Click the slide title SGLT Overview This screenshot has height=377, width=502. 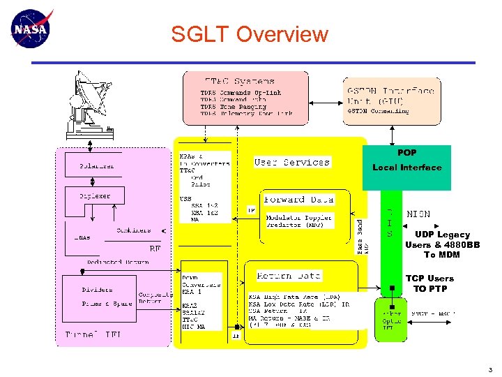tap(250, 34)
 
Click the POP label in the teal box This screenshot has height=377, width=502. tap(406, 152)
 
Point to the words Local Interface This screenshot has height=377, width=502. tap(406, 168)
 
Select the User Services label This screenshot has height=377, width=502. tap(292, 162)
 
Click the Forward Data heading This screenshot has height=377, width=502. tap(298, 199)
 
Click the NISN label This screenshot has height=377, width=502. tap(418, 214)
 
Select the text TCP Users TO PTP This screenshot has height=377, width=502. tap(429, 283)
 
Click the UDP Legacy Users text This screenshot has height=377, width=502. tap(442, 239)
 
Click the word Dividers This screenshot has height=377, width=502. tap(97, 289)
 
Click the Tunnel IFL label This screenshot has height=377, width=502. tap(93, 335)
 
